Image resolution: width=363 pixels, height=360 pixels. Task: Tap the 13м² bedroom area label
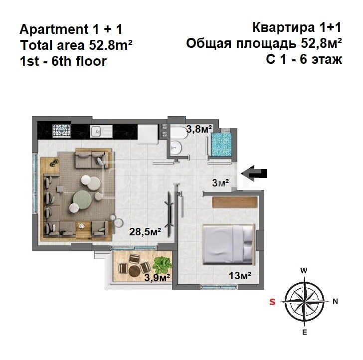coord(239,275)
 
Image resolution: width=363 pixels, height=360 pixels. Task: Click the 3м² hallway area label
coord(220,183)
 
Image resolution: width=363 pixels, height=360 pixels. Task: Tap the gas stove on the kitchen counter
coord(61,131)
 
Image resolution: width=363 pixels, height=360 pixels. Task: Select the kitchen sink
coord(97,131)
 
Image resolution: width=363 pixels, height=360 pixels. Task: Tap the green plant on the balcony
coord(162,263)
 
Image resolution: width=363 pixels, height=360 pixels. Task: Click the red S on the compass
coord(272,301)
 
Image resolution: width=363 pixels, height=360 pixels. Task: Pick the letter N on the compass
coord(336,301)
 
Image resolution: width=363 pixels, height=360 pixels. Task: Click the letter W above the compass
coord(304,270)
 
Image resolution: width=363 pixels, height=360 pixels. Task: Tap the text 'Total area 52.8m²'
coord(76,45)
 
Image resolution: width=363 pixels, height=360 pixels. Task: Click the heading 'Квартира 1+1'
coord(297,27)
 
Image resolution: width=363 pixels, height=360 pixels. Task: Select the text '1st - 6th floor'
coord(63,61)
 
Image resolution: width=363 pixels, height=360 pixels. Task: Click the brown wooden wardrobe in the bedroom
coord(234,202)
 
